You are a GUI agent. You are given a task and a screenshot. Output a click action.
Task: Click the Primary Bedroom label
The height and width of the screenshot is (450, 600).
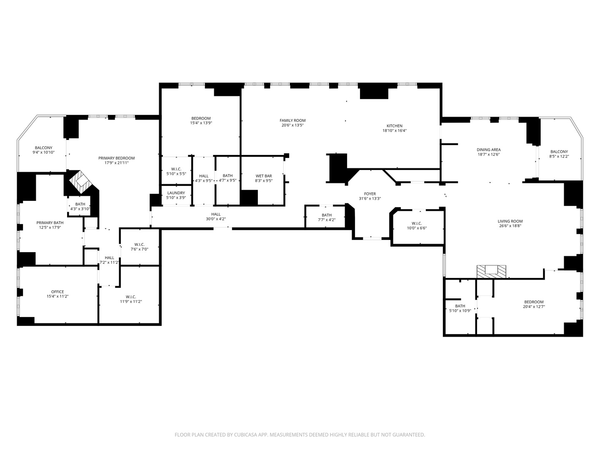tap(116, 158)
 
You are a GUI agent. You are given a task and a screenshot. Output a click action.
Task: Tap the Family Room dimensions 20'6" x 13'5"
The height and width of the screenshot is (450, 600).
tap(292, 125)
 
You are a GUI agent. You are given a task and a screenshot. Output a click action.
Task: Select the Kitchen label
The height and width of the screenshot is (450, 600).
tap(394, 126)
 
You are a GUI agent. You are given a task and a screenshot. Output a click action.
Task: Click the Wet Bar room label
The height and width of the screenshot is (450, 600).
tap(263, 176)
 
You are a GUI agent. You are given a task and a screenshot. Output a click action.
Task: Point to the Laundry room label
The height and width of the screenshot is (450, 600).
tap(176, 193)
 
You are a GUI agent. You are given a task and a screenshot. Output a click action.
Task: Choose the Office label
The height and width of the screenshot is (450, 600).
tap(57, 292)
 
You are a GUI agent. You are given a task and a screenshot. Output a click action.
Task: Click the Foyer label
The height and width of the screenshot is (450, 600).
tap(370, 194)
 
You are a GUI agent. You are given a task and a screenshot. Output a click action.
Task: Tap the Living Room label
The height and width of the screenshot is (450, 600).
tap(510, 221)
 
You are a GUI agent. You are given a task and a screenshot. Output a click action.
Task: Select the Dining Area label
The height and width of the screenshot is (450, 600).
tap(488, 150)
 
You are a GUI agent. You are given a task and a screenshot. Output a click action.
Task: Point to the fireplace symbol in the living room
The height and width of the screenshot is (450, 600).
tap(492, 271)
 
